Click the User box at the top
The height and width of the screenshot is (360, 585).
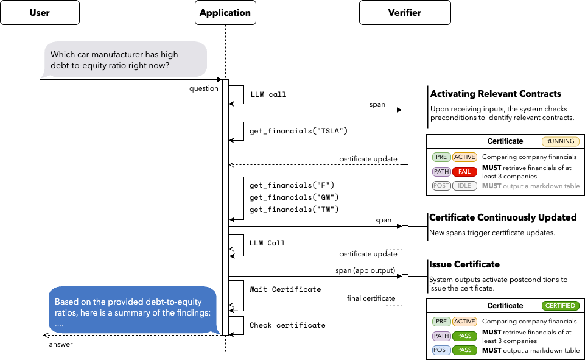[x=40, y=13]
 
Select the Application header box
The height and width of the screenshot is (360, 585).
[x=225, y=13]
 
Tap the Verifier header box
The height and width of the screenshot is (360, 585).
[x=405, y=13]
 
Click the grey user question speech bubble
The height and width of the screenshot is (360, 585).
[x=125, y=60]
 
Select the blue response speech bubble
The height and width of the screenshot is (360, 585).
[x=133, y=311]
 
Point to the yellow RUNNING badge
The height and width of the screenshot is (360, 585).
[x=560, y=141]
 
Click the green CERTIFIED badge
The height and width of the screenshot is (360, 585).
[x=560, y=306]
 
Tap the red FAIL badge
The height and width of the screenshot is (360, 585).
[x=464, y=172]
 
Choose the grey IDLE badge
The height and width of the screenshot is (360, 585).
[x=464, y=186]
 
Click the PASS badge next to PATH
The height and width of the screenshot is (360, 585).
[x=464, y=336]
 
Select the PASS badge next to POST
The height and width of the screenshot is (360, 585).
[x=464, y=350]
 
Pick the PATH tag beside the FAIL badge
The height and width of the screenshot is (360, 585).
[x=441, y=172]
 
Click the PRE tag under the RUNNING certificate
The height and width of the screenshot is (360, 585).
[x=441, y=157]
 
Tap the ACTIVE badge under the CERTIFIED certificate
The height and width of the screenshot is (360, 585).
[x=464, y=322]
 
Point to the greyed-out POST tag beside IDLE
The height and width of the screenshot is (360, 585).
[x=441, y=186]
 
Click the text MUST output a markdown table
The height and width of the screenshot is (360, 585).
[x=530, y=186]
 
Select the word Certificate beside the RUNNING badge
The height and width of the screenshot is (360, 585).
[x=505, y=141]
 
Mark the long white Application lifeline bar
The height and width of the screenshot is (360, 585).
[x=225, y=207]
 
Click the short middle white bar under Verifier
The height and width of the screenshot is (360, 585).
[x=405, y=238]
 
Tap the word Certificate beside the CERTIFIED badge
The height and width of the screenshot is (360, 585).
[x=505, y=306]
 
